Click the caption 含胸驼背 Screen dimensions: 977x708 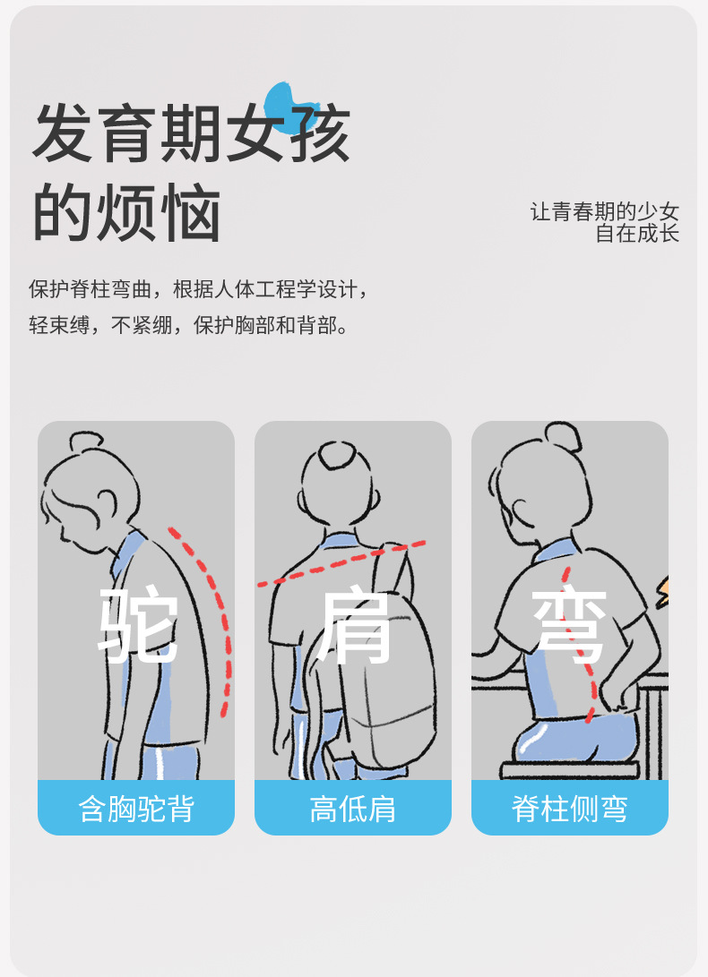(x=136, y=809)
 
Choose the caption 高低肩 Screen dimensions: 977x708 (x=353, y=809)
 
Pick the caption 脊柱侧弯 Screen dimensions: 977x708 (x=570, y=809)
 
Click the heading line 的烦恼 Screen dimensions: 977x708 (x=127, y=214)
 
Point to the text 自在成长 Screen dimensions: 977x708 (x=637, y=234)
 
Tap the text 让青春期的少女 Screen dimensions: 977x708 (x=605, y=212)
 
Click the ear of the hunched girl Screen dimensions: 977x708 (x=108, y=501)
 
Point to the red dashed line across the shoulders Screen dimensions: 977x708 (x=341, y=564)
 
